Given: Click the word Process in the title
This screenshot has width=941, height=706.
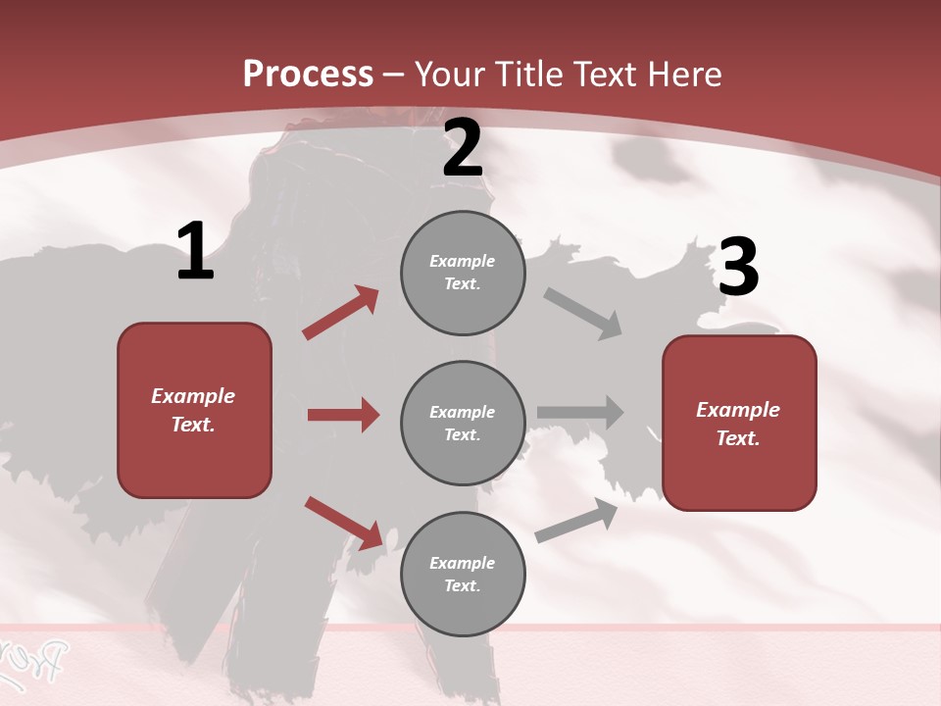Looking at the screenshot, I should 308,75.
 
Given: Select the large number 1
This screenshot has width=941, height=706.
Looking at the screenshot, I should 195,252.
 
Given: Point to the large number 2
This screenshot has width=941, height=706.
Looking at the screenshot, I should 463,149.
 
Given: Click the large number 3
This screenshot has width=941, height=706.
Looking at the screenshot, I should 738,267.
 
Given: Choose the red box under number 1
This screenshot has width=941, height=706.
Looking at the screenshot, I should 194,410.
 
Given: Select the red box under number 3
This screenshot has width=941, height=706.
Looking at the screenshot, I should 739,423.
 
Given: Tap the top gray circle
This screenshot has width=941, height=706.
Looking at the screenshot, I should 463,273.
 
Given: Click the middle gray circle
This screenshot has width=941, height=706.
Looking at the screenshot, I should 463,423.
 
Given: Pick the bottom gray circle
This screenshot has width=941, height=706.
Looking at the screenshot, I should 463,574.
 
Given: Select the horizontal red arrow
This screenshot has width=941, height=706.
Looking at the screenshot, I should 343,415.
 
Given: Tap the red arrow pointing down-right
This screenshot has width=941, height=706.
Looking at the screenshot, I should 343,523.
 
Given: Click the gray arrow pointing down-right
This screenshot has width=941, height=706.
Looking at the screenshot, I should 583,314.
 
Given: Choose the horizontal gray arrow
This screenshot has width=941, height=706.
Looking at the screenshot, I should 580,412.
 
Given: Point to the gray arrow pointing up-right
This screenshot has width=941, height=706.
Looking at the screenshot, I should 577,521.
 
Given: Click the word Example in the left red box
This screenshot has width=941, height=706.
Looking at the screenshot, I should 193,396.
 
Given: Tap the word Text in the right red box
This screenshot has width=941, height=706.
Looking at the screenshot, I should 736,438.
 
